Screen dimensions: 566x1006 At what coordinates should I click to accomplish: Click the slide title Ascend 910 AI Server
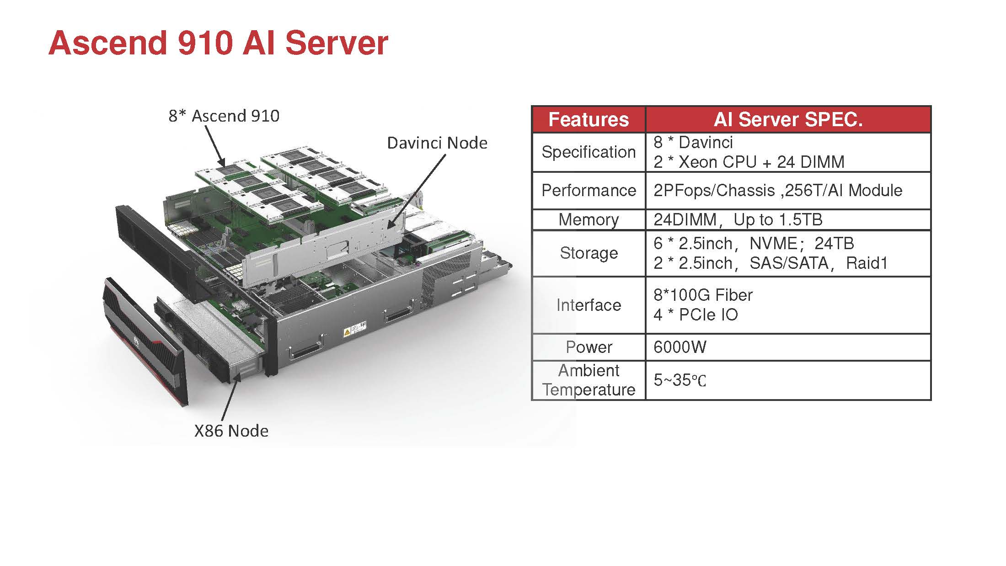pyautogui.click(x=218, y=43)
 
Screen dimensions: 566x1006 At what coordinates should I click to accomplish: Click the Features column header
pyautogui.click(x=589, y=120)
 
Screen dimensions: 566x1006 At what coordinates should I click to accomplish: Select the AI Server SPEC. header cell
pyautogui.click(x=788, y=120)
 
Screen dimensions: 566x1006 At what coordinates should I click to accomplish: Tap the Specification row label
pyautogui.click(x=589, y=152)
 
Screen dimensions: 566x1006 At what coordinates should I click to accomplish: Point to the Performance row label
pyautogui.click(x=589, y=191)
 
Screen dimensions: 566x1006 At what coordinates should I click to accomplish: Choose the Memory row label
pyautogui.click(x=589, y=220)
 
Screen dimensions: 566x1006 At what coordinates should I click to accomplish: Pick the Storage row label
pyautogui.click(x=589, y=253)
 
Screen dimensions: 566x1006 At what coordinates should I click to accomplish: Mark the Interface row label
pyautogui.click(x=589, y=305)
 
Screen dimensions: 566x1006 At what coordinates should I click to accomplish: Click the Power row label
pyautogui.click(x=589, y=347)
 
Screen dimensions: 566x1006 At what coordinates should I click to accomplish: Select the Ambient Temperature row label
pyautogui.click(x=589, y=380)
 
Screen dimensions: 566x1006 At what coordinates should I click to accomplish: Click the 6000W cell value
pyautogui.click(x=680, y=347)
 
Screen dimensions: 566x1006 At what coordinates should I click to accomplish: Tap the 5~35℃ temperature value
pyautogui.click(x=680, y=380)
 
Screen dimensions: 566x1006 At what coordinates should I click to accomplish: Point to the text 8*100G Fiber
pyautogui.click(x=703, y=295)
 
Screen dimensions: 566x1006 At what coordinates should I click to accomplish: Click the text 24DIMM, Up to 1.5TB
pyautogui.click(x=738, y=220)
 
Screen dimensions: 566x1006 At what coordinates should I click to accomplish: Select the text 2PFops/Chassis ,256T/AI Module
pyautogui.click(x=777, y=191)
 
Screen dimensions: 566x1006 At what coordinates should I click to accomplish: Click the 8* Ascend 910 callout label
pyautogui.click(x=224, y=116)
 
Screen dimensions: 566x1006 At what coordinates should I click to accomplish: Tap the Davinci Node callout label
pyautogui.click(x=437, y=143)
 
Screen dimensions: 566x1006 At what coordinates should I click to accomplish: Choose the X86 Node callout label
pyautogui.click(x=231, y=431)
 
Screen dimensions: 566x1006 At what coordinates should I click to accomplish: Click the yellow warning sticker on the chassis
pyautogui.click(x=347, y=332)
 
